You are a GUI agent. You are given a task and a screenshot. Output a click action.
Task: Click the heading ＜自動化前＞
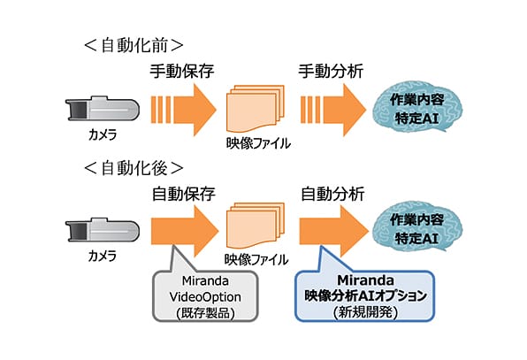coord(134,46)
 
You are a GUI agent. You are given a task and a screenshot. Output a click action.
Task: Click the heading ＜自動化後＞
coord(134,168)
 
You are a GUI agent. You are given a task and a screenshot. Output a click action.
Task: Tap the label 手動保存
coord(182,72)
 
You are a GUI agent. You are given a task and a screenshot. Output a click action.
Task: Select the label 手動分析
coord(331,72)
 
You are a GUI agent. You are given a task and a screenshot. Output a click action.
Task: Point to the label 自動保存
coord(184,194)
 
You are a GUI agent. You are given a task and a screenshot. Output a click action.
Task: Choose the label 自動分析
coord(332,194)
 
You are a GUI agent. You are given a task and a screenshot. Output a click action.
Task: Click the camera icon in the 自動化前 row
coord(103,108)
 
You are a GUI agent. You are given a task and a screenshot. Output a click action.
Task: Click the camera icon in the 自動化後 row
coord(103,230)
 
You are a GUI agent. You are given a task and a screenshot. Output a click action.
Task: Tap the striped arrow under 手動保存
coord(184,110)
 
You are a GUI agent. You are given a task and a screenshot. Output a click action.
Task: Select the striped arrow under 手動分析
coord(333,110)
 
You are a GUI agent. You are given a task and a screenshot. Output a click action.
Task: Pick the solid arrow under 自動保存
coord(185,231)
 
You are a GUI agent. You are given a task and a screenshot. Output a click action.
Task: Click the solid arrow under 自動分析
coord(334,231)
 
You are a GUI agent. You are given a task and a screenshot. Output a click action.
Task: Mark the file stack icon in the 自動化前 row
coord(256,109)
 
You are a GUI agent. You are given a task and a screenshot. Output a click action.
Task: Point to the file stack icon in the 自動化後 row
coord(256,226)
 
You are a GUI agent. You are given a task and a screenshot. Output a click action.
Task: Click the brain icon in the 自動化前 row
coord(417,109)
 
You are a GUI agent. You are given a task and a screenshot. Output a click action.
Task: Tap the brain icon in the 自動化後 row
coord(417,228)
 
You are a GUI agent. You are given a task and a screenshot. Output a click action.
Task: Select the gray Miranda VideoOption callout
coord(205,295)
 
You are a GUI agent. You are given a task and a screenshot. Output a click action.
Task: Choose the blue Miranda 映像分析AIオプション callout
coord(365,295)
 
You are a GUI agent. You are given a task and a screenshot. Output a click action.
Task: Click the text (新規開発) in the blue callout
coord(366,312)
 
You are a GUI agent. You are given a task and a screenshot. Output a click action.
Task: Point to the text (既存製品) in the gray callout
coord(205,313)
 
